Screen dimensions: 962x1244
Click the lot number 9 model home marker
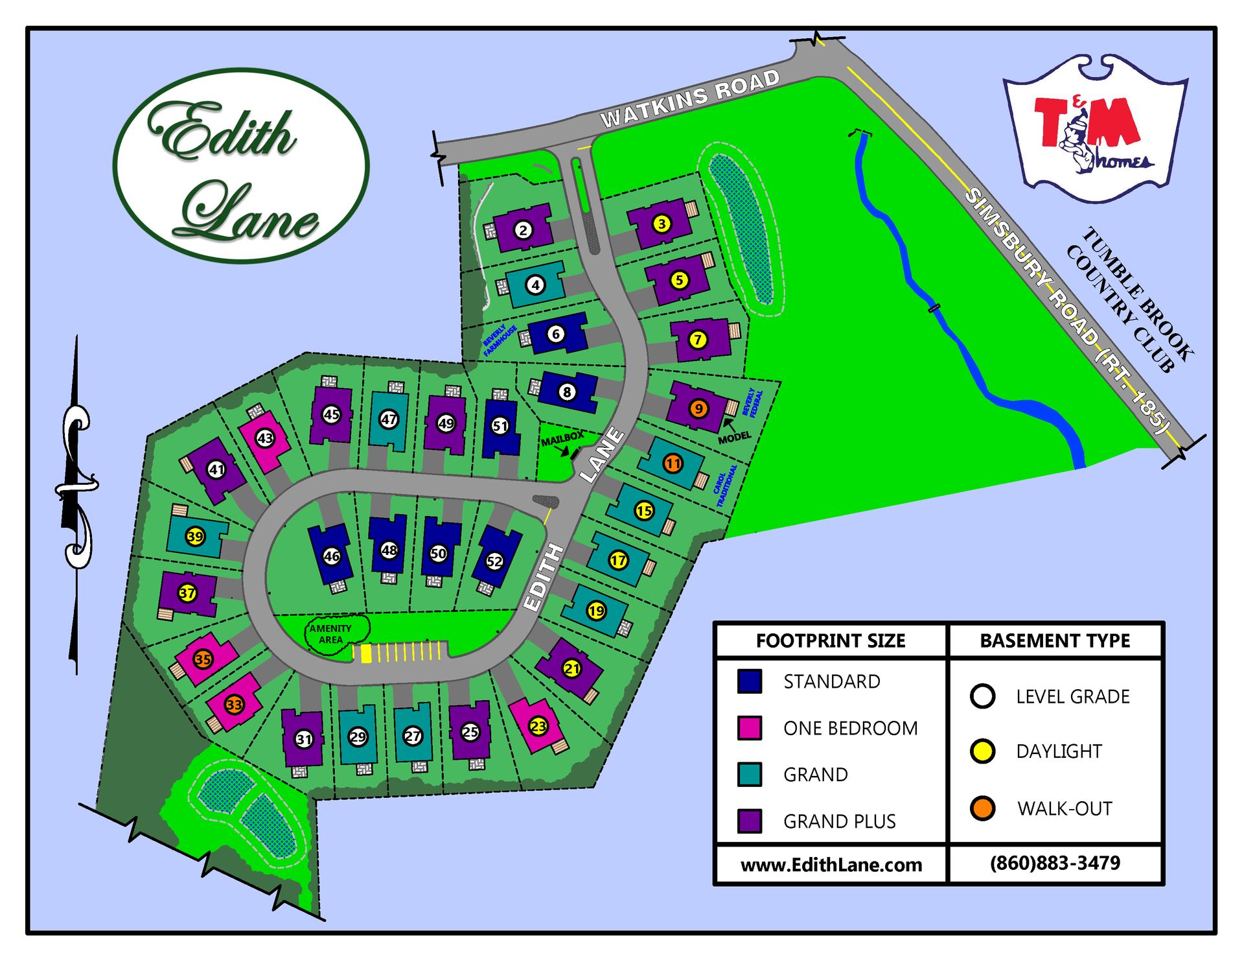coord(698,408)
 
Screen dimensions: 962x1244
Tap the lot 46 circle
coord(332,556)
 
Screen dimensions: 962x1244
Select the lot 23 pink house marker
coord(538,726)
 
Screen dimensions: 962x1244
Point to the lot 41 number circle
coord(216,469)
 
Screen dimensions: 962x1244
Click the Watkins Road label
coord(690,99)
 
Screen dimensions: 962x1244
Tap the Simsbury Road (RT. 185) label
coord(1069,311)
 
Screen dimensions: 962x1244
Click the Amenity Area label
coord(330,634)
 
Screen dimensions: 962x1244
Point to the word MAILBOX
coord(562,439)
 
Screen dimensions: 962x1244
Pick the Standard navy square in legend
coord(750,681)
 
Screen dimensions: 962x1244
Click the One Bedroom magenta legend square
coord(750,728)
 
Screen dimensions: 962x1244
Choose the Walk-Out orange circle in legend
coord(982,808)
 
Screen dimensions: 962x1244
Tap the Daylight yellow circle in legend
coord(982,751)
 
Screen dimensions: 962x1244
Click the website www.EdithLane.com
coord(831,865)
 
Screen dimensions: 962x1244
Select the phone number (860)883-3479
coord(1055,863)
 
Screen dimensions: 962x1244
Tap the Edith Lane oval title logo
coord(241,167)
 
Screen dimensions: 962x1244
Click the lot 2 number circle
coord(523,229)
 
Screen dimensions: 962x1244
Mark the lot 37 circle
coord(187,592)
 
